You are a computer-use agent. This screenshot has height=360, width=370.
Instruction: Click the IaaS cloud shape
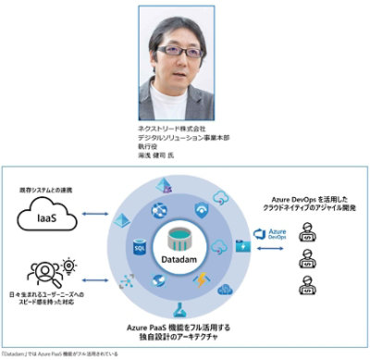pos(43,218)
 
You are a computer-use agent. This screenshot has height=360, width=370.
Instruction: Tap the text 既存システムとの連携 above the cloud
pos(46,190)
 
